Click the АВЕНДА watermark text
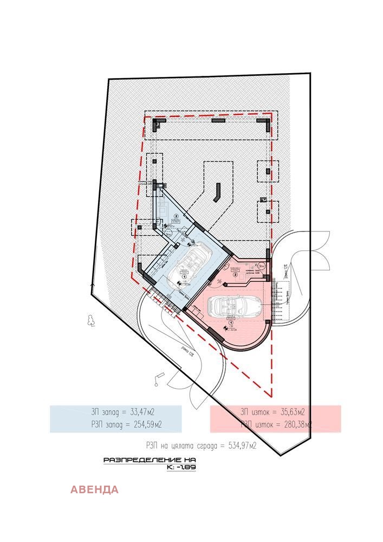(94, 490)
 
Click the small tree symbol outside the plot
(90, 321)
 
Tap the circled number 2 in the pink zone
(235, 274)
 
